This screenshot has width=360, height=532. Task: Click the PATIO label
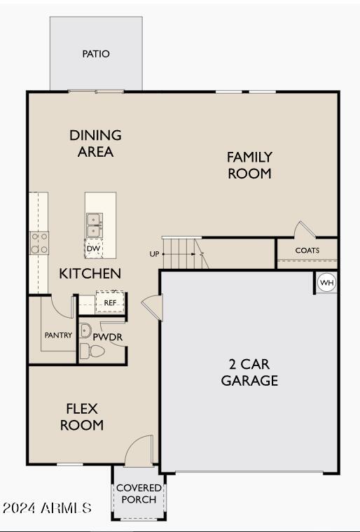coord(96,54)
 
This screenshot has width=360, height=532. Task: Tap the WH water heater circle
coord(326,283)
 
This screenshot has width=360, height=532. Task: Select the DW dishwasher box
coord(93,248)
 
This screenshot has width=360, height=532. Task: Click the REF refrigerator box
coord(110,302)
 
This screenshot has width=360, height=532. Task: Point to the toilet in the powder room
coord(92,351)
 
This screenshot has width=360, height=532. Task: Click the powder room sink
coord(85,330)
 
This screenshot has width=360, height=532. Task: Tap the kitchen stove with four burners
coord(39,243)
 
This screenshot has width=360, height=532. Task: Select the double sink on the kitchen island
coord(94,225)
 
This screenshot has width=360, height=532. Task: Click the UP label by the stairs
coord(154,254)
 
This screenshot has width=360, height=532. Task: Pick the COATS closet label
coord(307,251)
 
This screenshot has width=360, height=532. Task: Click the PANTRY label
coord(58,335)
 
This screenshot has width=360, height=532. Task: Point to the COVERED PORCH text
coord(139,493)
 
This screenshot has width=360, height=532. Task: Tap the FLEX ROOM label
coord(82,417)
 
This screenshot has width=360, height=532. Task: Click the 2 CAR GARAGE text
coord(249,372)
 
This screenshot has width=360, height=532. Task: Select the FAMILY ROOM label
coord(249,165)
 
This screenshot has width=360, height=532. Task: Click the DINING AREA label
coord(95,143)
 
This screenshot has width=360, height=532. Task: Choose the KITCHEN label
coord(90,274)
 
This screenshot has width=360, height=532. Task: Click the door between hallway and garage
coord(152,307)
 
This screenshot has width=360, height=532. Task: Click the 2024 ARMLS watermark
coord(47,508)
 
